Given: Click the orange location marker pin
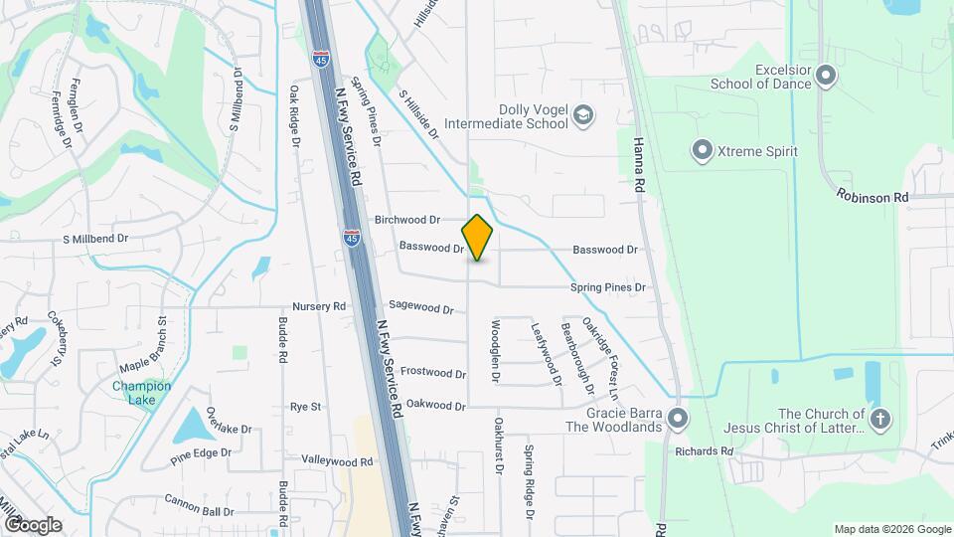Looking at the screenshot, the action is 477,238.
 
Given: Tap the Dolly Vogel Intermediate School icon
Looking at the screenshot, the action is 583,116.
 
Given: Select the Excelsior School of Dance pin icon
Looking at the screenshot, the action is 827,77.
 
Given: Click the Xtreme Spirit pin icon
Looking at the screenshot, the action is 702,151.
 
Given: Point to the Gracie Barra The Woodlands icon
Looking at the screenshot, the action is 678,418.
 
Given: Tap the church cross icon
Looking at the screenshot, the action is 879,419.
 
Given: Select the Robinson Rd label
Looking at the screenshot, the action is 873,197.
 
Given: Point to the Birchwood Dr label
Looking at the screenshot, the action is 407,220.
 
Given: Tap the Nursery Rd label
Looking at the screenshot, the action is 319,306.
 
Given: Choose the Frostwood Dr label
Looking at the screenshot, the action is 433,374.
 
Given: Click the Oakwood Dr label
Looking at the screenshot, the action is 435,406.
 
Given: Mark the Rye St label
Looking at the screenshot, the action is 305,407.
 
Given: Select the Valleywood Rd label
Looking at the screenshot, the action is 337,461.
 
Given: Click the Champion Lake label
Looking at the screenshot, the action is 141,393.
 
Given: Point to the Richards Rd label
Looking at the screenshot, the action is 703,450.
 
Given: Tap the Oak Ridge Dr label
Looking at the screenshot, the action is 295,116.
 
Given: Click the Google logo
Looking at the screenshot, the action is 33,524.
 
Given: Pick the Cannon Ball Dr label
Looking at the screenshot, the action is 199,505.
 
